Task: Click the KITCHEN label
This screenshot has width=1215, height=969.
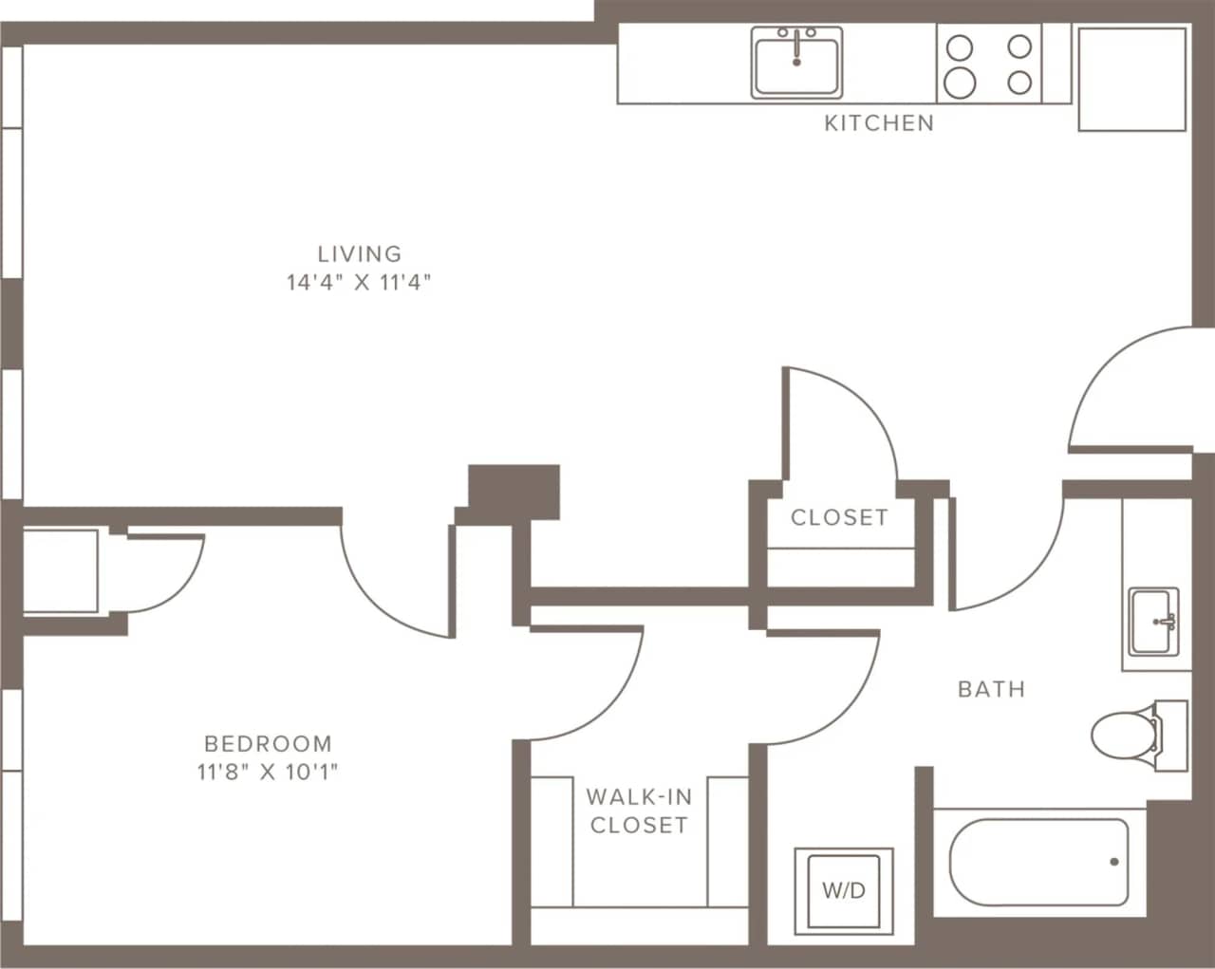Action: (x=878, y=122)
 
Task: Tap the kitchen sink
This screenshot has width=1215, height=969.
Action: (x=796, y=63)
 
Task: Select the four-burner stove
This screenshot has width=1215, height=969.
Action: (x=989, y=63)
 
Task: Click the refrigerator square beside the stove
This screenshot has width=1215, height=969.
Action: (x=1131, y=78)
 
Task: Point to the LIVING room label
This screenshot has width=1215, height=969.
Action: (x=360, y=253)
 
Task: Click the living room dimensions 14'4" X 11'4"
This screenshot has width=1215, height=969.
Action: (x=360, y=282)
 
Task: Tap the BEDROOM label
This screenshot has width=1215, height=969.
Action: (x=269, y=743)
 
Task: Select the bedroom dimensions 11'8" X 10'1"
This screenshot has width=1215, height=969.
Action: (x=269, y=772)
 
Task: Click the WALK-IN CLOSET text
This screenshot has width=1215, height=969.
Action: (x=639, y=811)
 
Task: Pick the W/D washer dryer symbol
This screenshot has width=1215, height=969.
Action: (x=844, y=890)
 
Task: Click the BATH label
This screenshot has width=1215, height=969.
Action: (x=991, y=689)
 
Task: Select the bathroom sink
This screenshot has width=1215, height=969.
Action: (x=1152, y=622)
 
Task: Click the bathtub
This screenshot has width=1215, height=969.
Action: (x=1039, y=862)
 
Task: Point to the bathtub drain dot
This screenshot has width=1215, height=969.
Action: (x=1113, y=862)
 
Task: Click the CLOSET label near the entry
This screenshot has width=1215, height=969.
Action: (x=839, y=517)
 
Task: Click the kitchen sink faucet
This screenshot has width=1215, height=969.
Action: (x=796, y=46)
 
